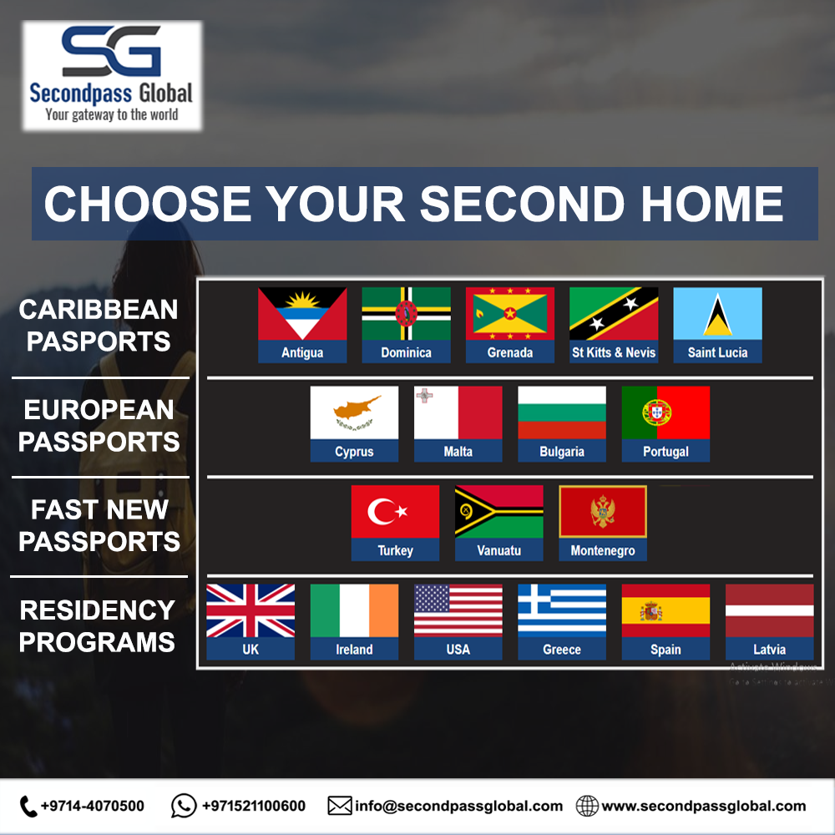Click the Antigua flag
[302, 314]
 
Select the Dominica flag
[406, 314]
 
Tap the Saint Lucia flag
[717, 314]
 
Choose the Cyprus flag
[354, 412]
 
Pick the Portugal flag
[665, 412]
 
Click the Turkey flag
[395, 512]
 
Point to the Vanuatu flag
[498, 512]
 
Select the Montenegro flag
[603, 512]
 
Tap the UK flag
[250, 610]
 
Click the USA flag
[458, 610]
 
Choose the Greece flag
[562, 610]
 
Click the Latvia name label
[769, 650]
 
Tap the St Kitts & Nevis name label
[614, 352]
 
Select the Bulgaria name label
[562, 452]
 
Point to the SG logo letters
[112, 52]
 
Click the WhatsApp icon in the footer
[184, 806]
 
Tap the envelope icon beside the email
[339, 806]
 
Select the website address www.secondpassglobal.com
[703, 806]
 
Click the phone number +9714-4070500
[92, 806]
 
